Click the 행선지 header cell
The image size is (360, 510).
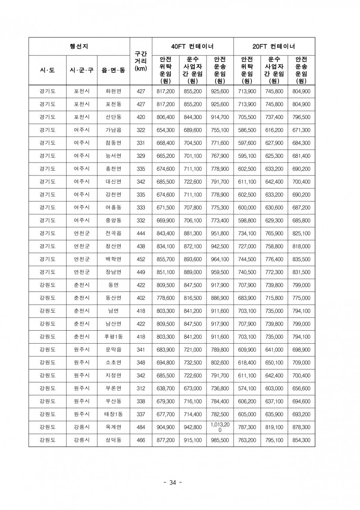pyautogui.click(x=79, y=47)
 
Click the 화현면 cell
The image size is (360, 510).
pyautogui.click(x=113, y=91)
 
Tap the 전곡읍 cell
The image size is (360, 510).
pyautogui.click(x=113, y=234)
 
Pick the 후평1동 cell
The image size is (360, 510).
pyautogui.click(x=113, y=337)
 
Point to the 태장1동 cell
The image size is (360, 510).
pyautogui.click(x=113, y=415)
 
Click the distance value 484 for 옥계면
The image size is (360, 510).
pyautogui.click(x=141, y=428)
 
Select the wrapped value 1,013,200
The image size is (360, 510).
pyautogui.click(x=220, y=427)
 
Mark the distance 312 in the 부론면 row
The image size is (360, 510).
pyautogui.click(x=141, y=389)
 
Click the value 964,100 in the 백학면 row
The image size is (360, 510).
pyautogui.click(x=220, y=260)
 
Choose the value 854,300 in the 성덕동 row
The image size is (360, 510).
pyautogui.click(x=301, y=441)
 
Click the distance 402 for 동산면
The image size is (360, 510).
pyautogui.click(x=141, y=298)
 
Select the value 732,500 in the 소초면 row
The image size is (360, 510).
pyautogui.click(x=193, y=363)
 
